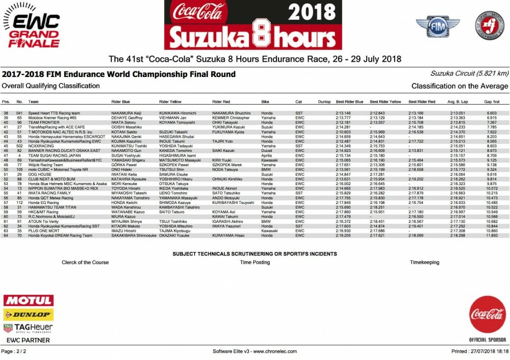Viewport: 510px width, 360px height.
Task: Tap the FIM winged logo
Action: pos(437,26)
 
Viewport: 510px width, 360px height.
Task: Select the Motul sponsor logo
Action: pos(28,300)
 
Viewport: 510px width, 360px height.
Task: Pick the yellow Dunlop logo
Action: pos(28,315)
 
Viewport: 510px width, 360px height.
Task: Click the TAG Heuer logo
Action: pos(28,328)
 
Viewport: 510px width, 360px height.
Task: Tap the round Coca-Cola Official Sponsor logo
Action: pos(487,315)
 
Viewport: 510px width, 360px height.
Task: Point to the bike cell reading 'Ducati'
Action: pos(267,151)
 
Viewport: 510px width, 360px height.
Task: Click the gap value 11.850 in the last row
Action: pos(491,236)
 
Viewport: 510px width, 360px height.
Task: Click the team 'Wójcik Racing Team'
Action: pos(48,165)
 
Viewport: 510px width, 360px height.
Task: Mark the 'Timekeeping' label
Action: pos(424,262)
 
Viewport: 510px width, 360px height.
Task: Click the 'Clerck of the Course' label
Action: pos(85,262)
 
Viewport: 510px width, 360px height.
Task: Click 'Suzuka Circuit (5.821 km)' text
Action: pos(469,73)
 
